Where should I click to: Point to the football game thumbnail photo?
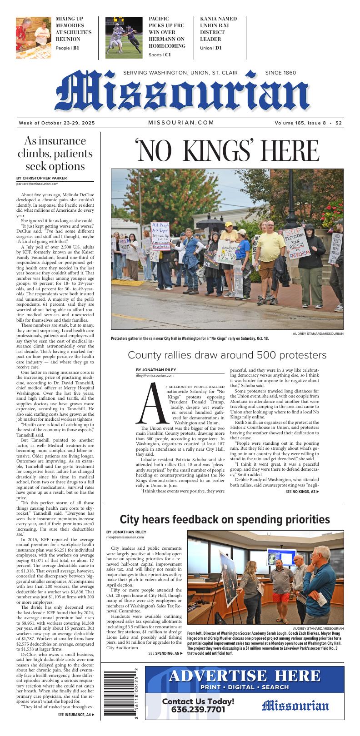click(x=124, y=38)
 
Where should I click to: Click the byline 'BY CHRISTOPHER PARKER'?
click(x=41, y=178)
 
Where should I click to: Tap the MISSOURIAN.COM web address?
click(x=181, y=123)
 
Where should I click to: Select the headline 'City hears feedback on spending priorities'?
click(x=225, y=519)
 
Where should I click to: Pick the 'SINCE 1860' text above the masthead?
click(x=280, y=73)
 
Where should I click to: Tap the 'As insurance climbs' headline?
click(x=55, y=154)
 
